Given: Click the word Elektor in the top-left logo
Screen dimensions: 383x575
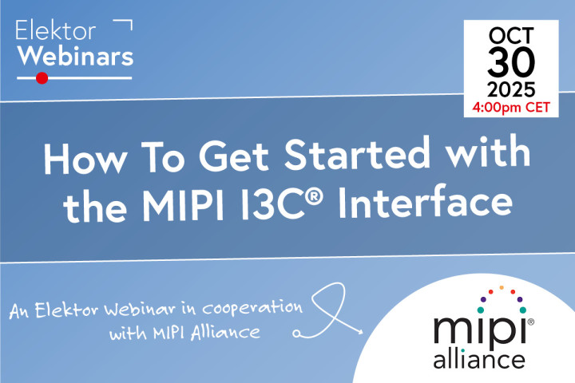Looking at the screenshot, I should [56, 32].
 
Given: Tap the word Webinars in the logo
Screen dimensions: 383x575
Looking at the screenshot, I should [75, 57].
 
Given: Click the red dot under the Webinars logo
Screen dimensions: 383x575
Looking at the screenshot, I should [42, 77].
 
